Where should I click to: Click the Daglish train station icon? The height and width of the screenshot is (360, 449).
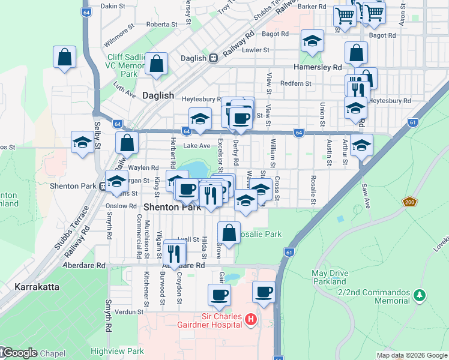[x=212, y=59]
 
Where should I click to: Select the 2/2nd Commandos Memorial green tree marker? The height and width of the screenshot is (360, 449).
[x=420, y=295]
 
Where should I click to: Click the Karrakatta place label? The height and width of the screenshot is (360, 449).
[x=37, y=287]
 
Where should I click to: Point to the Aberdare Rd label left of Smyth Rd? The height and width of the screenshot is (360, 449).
[x=85, y=265]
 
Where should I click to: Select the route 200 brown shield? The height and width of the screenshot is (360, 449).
[x=409, y=203]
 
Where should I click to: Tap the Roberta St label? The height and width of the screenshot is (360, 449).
[x=161, y=25]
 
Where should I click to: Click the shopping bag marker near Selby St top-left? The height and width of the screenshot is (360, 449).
[x=64, y=58]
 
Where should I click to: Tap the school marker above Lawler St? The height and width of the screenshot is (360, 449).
[x=311, y=41]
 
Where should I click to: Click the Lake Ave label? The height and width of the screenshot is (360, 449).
[x=197, y=146]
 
